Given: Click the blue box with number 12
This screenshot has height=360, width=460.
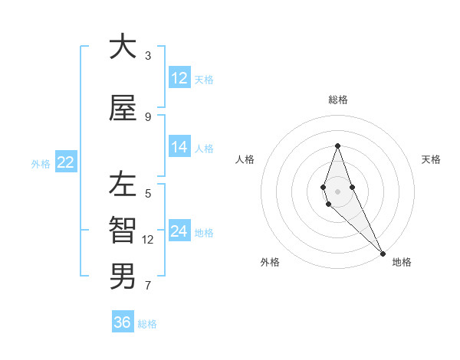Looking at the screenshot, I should tap(179, 78).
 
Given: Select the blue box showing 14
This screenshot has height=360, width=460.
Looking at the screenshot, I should tap(179, 148).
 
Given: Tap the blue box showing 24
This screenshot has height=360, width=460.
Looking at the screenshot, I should tap(179, 232).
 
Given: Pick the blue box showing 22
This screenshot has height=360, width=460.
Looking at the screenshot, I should tap(66, 162).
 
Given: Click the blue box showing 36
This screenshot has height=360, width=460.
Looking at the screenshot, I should tap(123, 322).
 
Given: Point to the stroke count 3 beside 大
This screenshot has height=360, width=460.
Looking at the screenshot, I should tap(148, 56).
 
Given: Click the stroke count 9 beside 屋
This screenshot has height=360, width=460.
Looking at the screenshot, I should tap(148, 117).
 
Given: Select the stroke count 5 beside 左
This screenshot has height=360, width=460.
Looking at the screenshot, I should tap(148, 193).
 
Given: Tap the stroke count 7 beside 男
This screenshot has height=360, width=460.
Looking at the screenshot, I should tap(148, 286).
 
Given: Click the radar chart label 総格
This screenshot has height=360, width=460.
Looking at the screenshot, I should tap(337, 100).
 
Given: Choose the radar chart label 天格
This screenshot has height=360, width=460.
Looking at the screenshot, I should tap(431, 159).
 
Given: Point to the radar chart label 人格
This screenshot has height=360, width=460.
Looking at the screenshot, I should tap(245, 159).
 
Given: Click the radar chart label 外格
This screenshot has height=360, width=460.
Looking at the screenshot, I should tap(270, 262).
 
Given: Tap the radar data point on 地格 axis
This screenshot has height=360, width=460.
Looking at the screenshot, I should tap(383, 253).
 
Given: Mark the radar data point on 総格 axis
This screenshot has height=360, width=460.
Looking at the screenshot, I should tap(337, 146).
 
